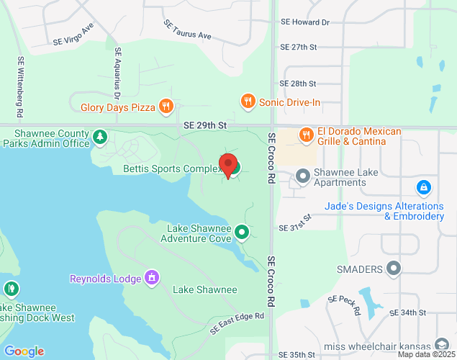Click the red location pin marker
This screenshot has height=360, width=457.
228,165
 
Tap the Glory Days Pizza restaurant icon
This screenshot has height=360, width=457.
166,107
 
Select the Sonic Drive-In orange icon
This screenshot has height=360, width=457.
248,102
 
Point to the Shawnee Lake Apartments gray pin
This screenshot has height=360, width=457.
303,175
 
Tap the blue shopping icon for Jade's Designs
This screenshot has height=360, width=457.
424,189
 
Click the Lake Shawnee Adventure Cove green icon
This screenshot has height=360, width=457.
243,232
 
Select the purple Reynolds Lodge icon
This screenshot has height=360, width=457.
151,278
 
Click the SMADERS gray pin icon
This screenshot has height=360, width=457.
393,269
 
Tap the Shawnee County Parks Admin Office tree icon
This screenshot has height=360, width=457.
100,135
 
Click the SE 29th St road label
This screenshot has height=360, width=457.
205,125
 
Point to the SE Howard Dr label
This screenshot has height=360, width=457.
304,22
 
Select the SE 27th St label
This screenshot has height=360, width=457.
298,47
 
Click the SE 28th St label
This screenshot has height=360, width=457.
298,84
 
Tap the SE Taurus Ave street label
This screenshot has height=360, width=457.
187,30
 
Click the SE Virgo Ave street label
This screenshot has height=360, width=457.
74,34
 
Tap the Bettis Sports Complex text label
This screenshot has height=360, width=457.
171,169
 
